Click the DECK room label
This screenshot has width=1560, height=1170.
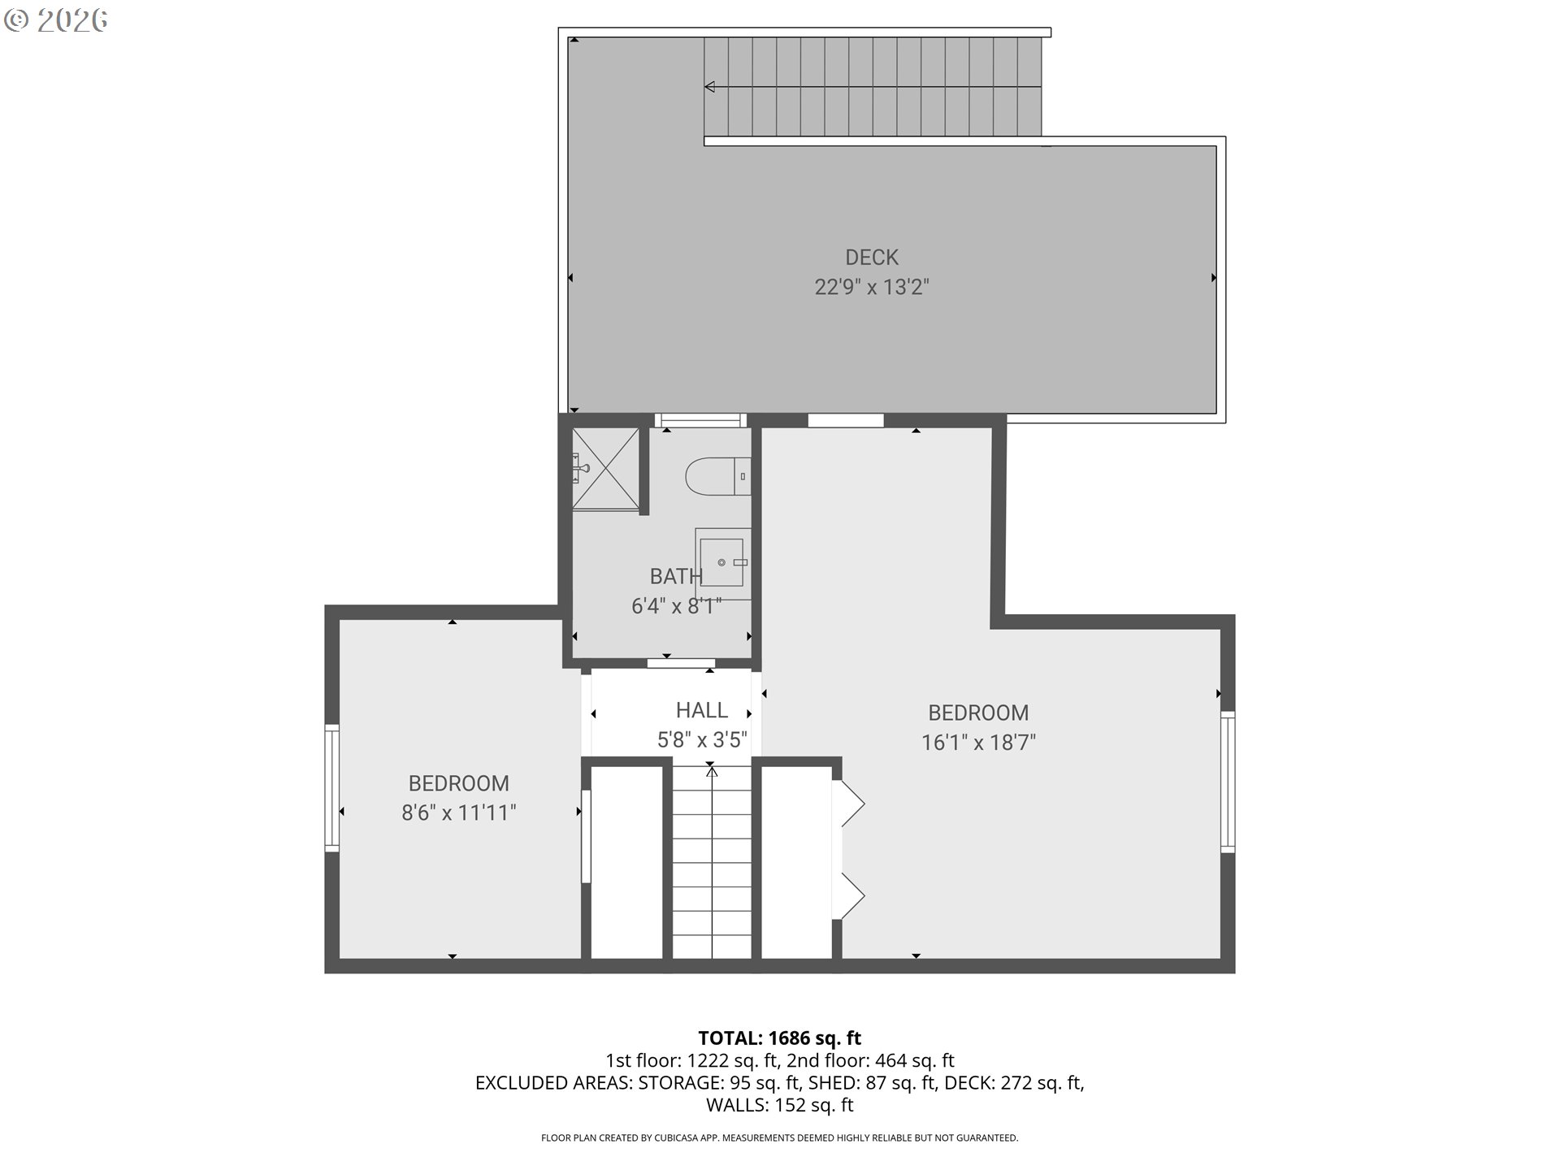[x=872, y=258]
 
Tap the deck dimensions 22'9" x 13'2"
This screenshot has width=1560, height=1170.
[x=872, y=287]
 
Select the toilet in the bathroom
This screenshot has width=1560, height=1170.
[x=718, y=477]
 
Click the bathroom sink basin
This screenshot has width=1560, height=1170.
[x=722, y=561]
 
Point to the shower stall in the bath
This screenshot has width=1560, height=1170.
[x=605, y=469]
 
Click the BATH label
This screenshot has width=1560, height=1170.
[x=676, y=576]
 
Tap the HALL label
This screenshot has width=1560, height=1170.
[x=702, y=710]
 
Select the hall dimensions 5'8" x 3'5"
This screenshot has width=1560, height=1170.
[x=702, y=739]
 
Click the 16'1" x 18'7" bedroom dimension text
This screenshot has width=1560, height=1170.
[x=978, y=742]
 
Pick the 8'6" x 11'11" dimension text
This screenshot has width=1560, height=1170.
[x=459, y=812]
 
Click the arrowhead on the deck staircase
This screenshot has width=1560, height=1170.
[x=709, y=87]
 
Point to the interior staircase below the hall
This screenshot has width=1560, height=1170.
[x=712, y=862]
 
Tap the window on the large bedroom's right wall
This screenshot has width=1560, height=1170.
[x=1228, y=782]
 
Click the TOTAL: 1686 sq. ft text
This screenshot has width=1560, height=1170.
[x=780, y=1038]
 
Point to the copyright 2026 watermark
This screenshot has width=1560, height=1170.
[x=55, y=20]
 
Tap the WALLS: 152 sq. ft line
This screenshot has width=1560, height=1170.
[x=780, y=1105]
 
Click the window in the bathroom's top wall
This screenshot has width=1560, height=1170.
[x=700, y=420]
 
